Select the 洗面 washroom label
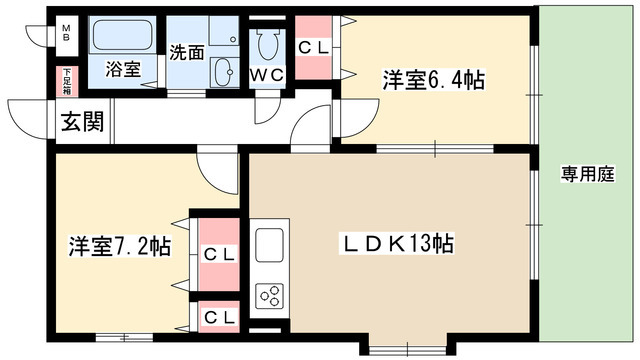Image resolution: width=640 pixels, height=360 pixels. pos(185,52)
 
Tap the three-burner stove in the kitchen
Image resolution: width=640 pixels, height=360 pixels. pos(271,295)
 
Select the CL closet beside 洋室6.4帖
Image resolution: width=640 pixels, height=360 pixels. pos(318,47)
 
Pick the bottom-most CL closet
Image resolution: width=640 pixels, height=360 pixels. pos(220,317)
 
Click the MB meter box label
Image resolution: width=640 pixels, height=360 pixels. pos(65,32)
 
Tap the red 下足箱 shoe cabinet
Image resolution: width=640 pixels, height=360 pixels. pos(67,79)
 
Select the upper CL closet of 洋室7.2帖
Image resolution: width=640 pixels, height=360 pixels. pos(219,254)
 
